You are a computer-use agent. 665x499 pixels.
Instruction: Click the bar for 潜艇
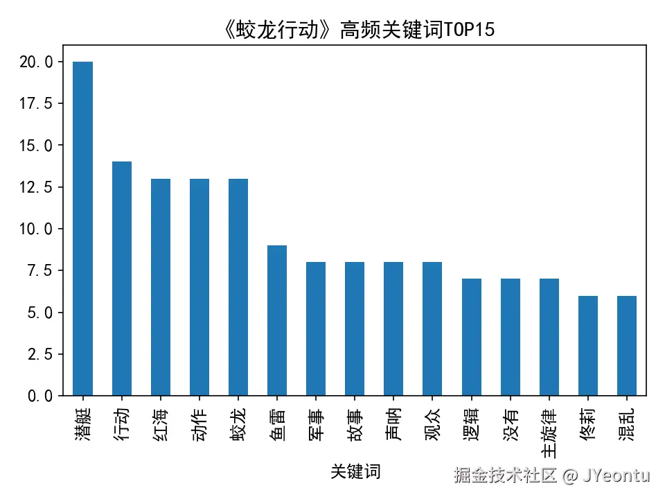82,229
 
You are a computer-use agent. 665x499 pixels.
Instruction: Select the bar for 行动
122,279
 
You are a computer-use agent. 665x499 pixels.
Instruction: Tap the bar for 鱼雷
277,320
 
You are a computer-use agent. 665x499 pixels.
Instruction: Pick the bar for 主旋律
549,337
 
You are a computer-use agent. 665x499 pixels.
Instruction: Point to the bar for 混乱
626,345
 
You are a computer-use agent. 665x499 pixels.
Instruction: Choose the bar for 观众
432,329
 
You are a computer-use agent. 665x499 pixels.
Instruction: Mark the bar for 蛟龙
238,287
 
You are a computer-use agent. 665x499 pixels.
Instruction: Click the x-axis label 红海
161,421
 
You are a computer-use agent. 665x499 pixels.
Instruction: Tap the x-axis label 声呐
393,421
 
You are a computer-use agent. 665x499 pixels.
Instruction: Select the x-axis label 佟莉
587,421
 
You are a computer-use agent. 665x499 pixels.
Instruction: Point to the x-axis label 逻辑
471,421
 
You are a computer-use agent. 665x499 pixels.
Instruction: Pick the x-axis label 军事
316,421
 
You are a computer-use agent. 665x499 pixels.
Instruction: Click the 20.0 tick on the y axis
35,62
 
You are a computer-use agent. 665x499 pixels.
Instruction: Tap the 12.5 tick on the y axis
35,187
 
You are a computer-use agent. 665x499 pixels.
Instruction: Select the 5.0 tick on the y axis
39,313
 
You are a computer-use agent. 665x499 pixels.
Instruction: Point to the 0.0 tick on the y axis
39,396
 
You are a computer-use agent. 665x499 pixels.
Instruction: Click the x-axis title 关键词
355,472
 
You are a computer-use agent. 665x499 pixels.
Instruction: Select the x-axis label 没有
510,421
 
